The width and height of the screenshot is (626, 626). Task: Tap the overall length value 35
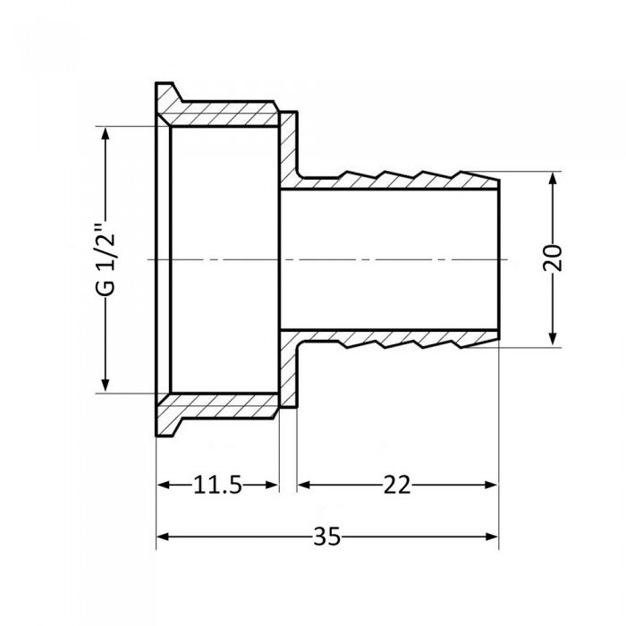point(327,537)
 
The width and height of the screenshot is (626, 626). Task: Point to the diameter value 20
point(554,258)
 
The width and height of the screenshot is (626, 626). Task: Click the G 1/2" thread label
point(106,259)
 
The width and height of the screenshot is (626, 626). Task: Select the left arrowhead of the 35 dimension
point(165,537)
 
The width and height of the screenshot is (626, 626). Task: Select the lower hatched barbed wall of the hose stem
point(402,336)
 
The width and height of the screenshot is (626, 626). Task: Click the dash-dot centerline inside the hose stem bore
point(385,258)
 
